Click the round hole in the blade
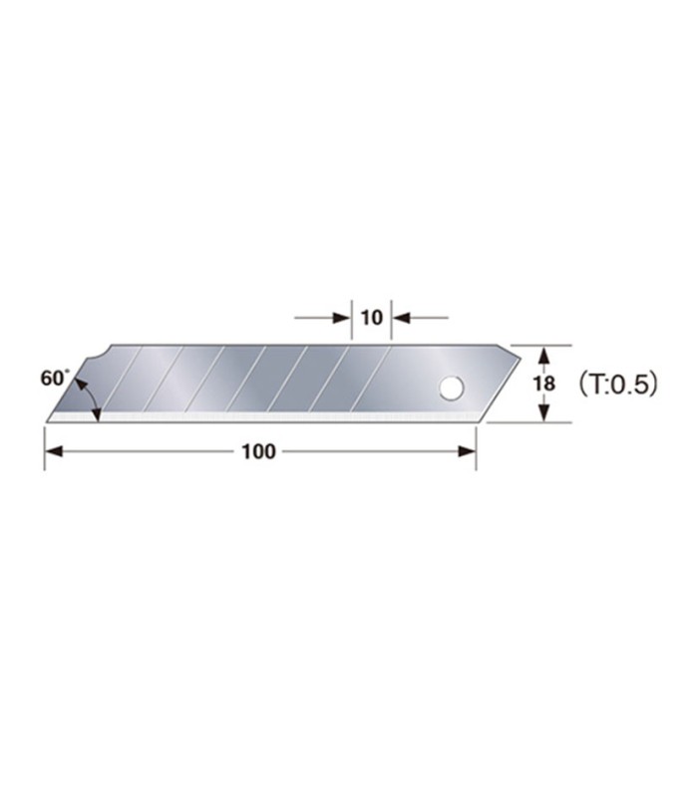pos(452,388)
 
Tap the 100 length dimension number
pos(258,451)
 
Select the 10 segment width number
pos(371,318)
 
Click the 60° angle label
pos(54,379)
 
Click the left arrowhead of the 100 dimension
pos(54,451)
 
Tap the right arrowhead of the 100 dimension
pos(467,451)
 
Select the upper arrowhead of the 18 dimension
pos(543,354)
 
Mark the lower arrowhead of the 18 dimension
pos(543,412)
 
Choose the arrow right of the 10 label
pos(401,318)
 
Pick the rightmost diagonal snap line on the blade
pos(370,379)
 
